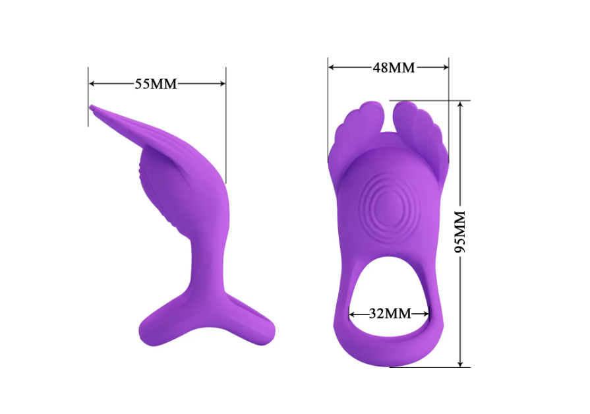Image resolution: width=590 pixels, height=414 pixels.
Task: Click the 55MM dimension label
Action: tap(156, 84)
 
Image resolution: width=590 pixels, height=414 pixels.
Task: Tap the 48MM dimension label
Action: tap(394, 68)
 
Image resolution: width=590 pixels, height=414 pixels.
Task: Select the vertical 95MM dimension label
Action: tap(460, 232)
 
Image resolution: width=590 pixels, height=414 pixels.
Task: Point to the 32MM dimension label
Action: tap(390, 314)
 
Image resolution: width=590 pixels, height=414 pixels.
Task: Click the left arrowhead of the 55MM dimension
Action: tap(92, 84)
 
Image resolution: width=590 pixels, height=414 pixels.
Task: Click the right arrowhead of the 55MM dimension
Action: tap(222, 84)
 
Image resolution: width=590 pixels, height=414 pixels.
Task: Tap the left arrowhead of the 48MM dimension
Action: tap(332, 67)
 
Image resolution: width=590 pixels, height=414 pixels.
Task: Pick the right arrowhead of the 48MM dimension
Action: tap(445, 67)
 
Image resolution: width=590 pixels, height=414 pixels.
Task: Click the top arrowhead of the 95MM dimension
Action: tap(460, 105)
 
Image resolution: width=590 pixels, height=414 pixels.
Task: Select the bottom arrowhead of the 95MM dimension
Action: tap(460, 363)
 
